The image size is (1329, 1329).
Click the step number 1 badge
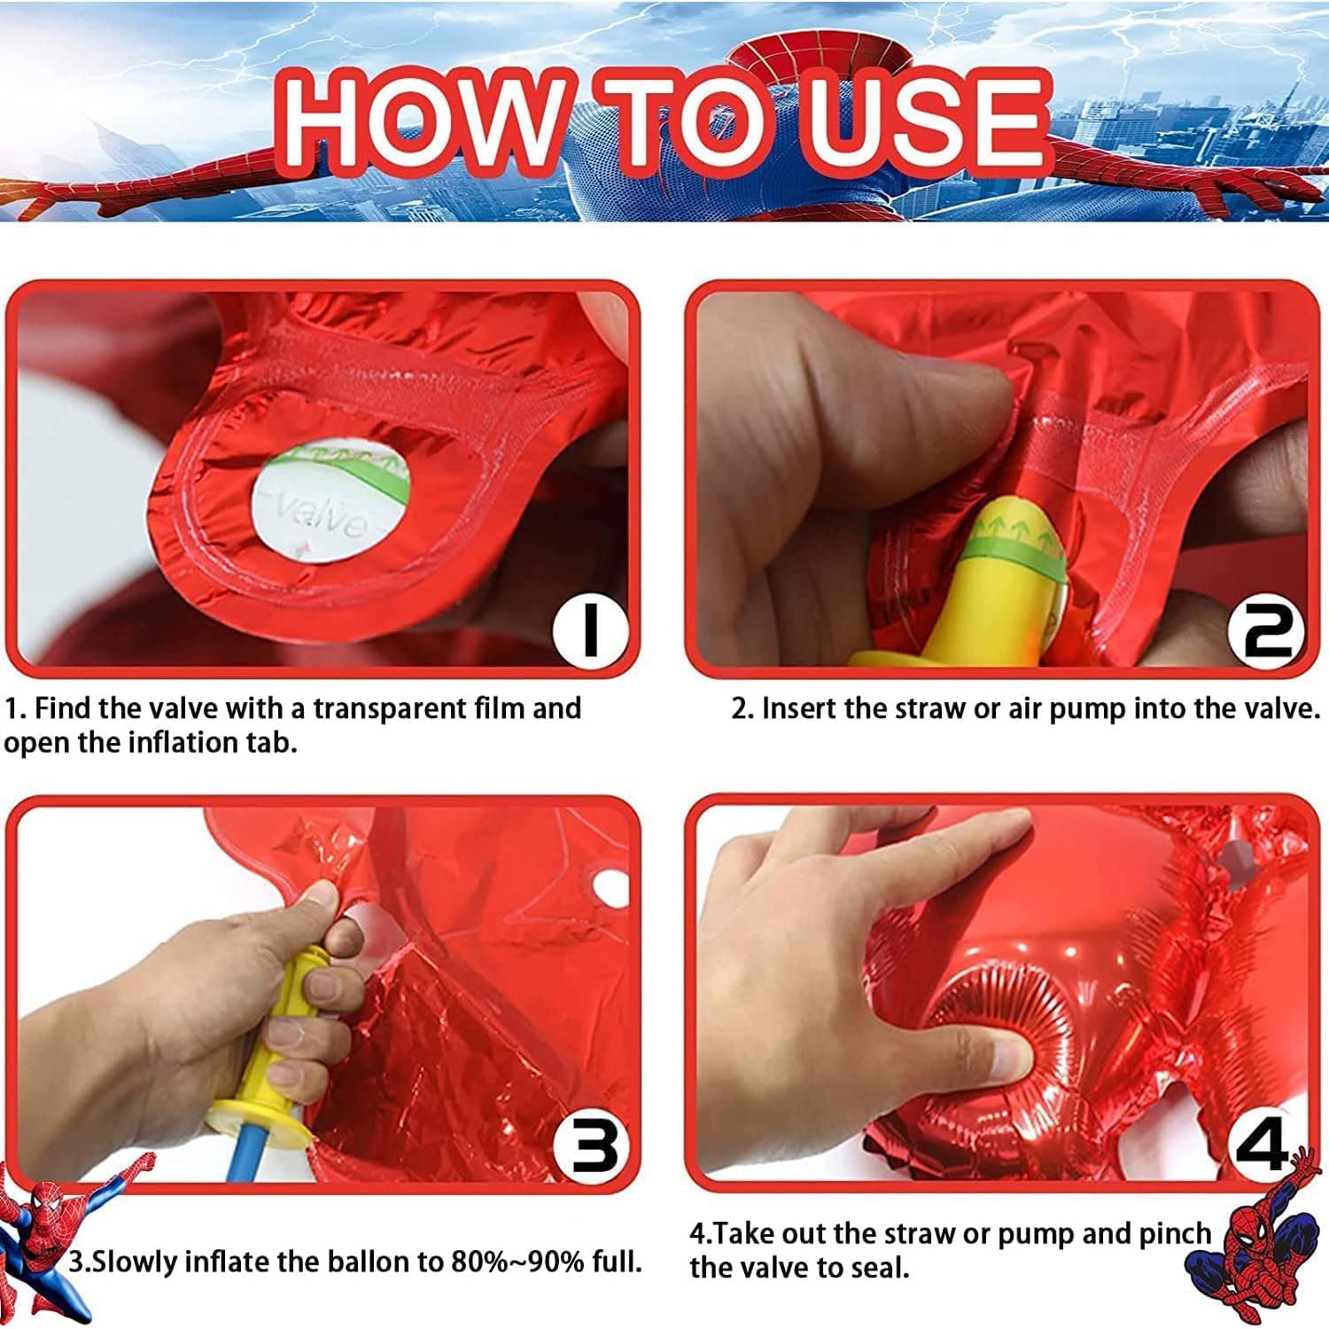point(590,628)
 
